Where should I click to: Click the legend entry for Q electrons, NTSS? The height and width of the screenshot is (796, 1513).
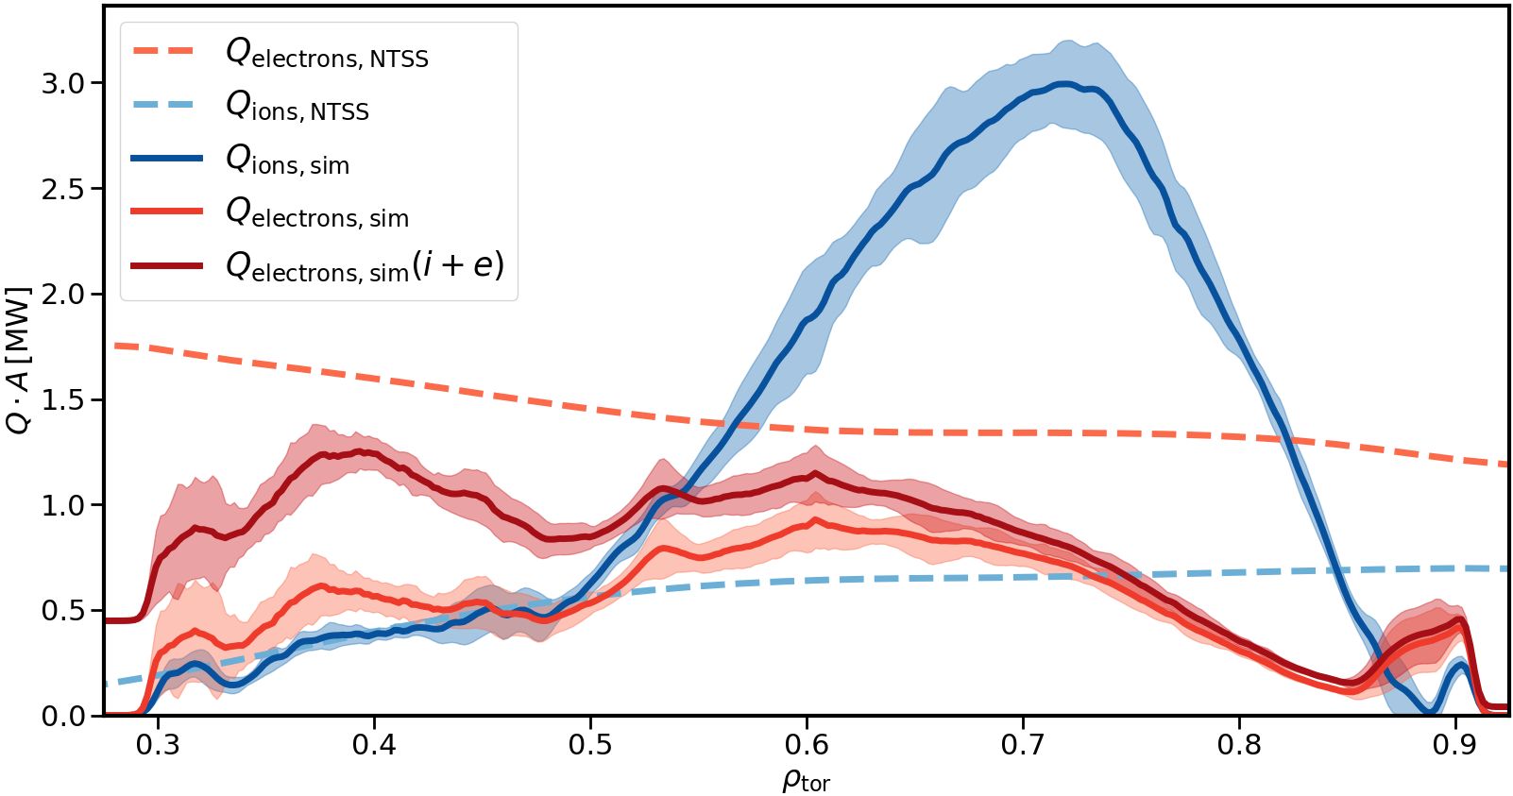[326, 54]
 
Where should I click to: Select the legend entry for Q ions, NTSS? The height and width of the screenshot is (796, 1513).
[297, 107]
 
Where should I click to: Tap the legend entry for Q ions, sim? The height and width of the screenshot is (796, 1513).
[287, 161]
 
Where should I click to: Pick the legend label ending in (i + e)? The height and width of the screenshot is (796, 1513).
[365, 267]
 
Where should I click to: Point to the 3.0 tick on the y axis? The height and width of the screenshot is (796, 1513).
[62, 83]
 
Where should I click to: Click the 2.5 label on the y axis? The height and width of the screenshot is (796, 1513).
[62, 189]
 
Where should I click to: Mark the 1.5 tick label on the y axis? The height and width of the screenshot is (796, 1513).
[62, 399]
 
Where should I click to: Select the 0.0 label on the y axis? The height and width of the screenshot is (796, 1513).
[62, 716]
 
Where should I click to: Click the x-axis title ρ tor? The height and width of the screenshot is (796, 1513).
[806, 780]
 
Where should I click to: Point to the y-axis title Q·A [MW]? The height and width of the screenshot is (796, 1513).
[19, 360]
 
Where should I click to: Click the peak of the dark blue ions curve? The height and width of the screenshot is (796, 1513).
[1064, 84]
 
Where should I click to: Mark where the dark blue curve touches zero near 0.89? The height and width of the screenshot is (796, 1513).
[1433, 713]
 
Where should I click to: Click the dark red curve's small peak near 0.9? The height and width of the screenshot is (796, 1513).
[1460, 619]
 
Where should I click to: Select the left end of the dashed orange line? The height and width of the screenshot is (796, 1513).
[115, 346]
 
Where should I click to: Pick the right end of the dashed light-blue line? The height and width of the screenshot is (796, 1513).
[1505, 568]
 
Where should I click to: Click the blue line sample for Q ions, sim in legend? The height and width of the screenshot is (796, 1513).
[167, 159]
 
